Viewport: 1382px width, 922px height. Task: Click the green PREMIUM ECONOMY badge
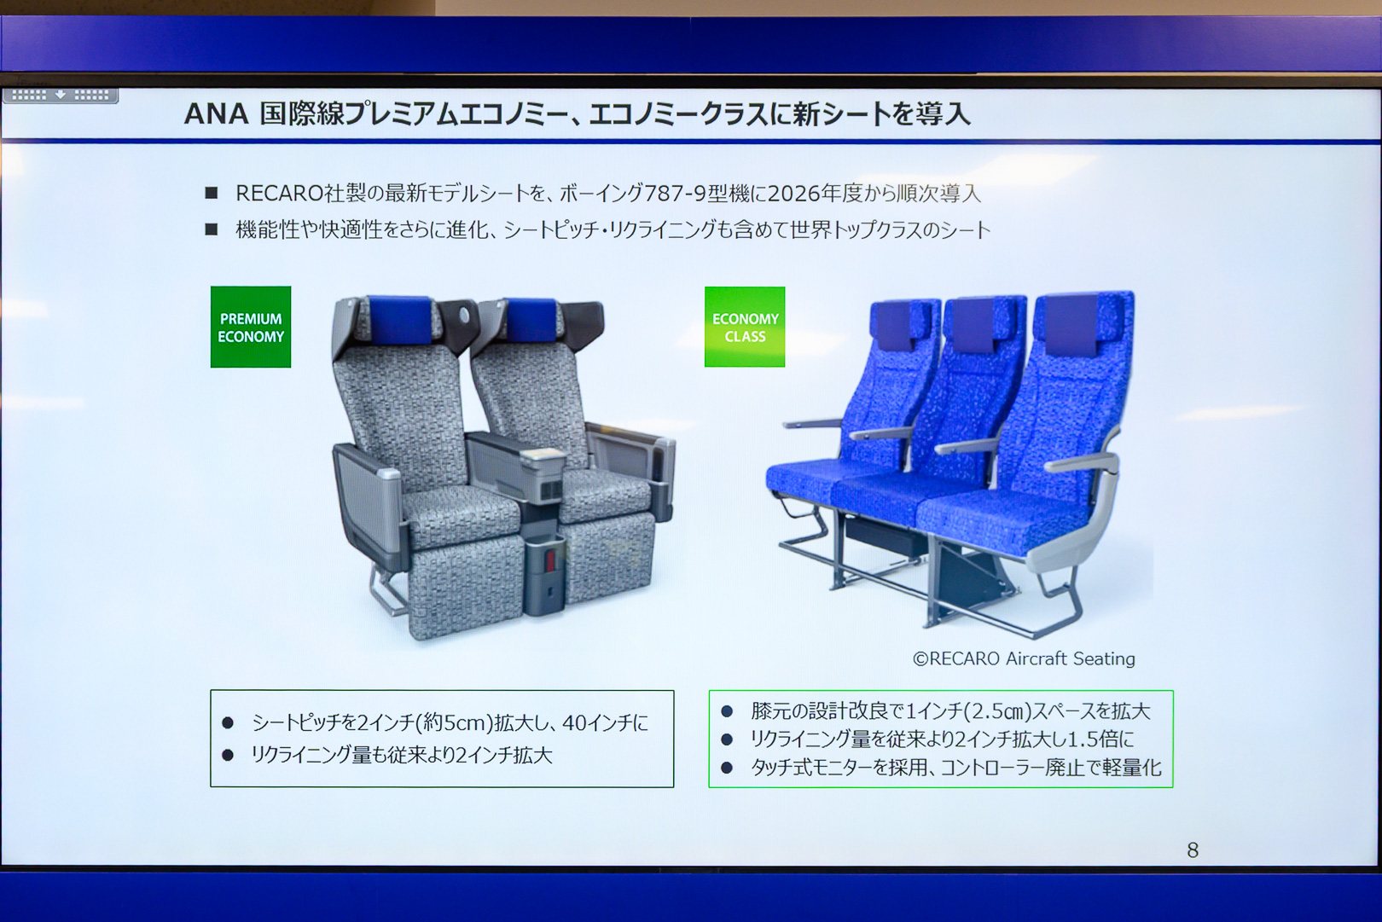point(251,327)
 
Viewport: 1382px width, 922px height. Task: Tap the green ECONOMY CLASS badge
point(745,327)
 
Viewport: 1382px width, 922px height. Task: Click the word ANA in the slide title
point(216,114)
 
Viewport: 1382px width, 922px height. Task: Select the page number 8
point(1193,850)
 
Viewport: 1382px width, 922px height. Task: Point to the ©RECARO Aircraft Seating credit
point(1024,658)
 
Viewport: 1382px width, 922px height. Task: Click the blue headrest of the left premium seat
point(399,319)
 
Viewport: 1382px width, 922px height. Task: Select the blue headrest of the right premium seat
point(531,320)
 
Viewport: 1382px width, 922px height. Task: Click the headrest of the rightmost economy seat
point(1071,325)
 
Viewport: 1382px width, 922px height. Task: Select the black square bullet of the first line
point(212,193)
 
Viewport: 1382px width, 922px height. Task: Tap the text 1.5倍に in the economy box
point(1100,739)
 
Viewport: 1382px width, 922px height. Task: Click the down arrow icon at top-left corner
point(61,95)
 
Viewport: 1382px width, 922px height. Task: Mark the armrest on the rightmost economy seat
point(1081,462)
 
